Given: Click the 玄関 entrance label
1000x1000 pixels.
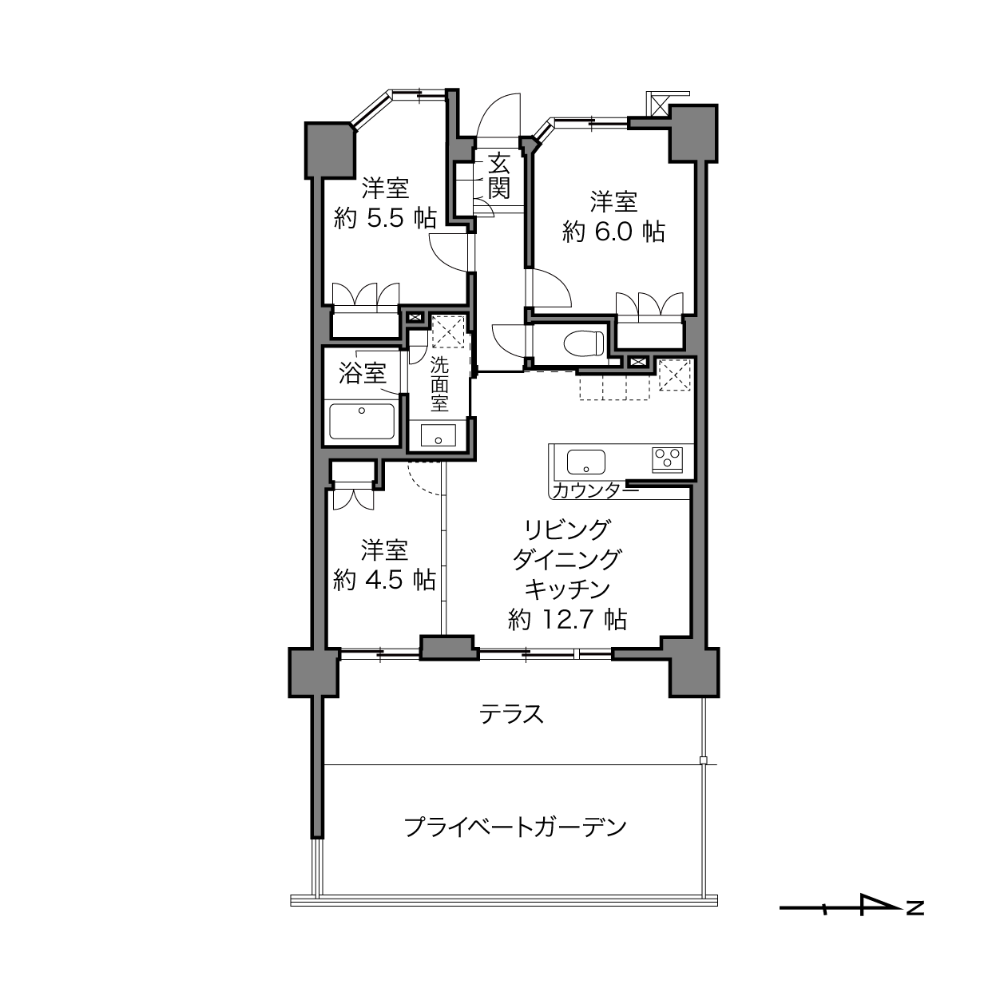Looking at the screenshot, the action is [x=498, y=177].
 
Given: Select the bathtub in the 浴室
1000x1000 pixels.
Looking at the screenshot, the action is [x=363, y=422].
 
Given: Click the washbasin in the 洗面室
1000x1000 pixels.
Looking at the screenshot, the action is [x=438, y=435].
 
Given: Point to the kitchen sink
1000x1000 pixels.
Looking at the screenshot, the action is [x=586, y=462].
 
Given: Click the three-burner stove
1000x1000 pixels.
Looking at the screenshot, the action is [x=668, y=460].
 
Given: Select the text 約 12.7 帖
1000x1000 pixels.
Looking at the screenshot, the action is [x=567, y=619].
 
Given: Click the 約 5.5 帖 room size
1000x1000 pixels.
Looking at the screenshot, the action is [x=384, y=219].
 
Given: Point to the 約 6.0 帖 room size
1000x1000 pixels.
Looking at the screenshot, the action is [x=613, y=232].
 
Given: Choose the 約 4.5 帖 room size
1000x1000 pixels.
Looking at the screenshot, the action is [x=384, y=580].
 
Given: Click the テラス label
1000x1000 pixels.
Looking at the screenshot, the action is [x=511, y=715].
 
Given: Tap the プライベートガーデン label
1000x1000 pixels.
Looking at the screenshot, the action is [x=515, y=827].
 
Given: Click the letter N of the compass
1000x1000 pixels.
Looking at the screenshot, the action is [x=915, y=908].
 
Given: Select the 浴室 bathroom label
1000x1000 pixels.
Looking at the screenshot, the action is [x=363, y=373].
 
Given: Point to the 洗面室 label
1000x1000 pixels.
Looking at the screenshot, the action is [x=439, y=384].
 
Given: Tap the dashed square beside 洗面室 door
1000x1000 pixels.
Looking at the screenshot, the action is [x=448, y=331].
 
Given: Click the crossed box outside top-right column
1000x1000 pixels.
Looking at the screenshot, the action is [x=658, y=106].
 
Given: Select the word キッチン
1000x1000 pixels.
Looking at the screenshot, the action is [x=567, y=589].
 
